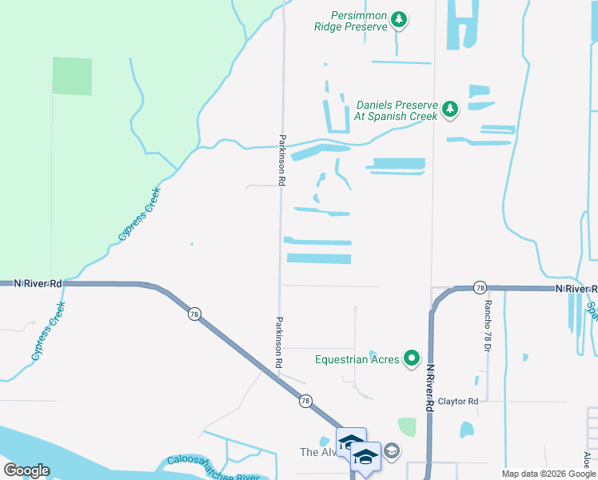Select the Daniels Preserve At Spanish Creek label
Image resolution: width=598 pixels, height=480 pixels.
click(397, 110)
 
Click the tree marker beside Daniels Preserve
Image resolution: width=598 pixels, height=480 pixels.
click(450, 109)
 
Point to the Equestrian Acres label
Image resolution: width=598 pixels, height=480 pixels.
click(357, 359)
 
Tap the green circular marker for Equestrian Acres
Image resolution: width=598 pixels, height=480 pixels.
click(412, 358)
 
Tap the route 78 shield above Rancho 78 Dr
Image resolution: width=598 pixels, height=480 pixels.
click(479, 287)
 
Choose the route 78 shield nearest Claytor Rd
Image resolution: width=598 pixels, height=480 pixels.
click(305, 401)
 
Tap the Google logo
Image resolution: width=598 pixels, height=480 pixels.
click(26, 470)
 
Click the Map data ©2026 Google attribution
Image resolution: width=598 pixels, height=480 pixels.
click(548, 474)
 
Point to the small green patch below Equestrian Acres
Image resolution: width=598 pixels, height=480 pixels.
click(407, 427)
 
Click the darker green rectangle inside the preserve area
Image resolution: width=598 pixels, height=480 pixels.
click(72, 76)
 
